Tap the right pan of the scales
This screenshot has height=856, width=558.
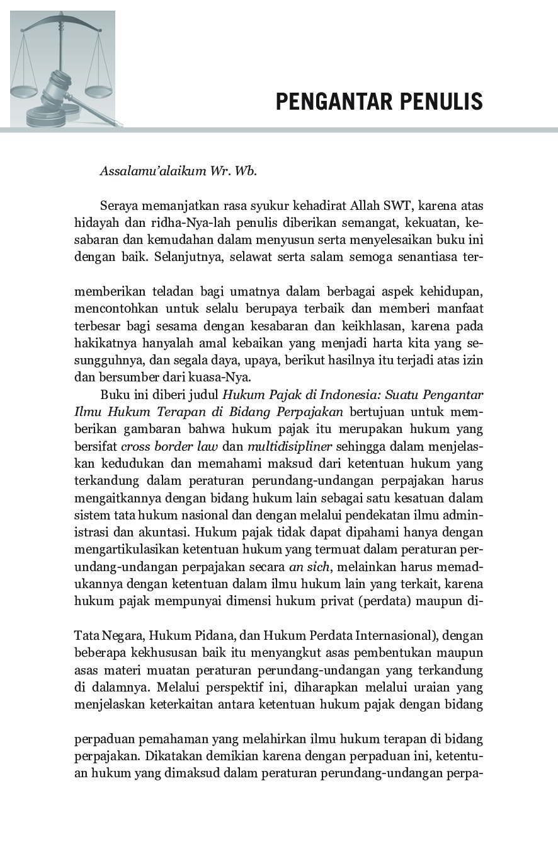(x=98, y=91)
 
